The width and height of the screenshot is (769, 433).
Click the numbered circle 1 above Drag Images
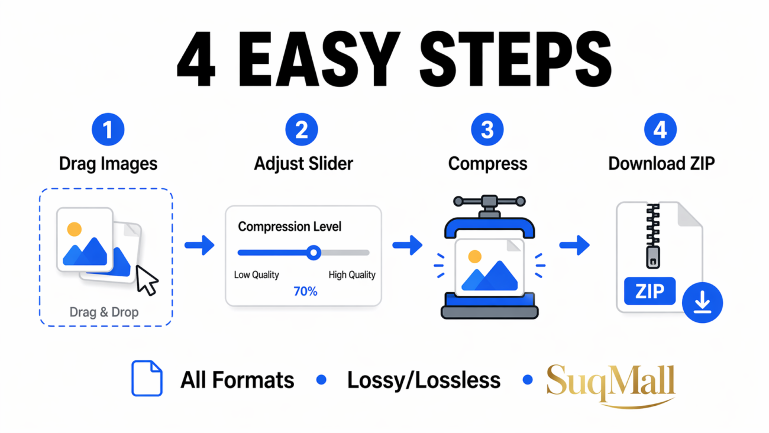pyautogui.click(x=108, y=130)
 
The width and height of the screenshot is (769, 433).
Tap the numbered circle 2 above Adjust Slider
pyautogui.click(x=302, y=130)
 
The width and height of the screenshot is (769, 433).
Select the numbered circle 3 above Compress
pyautogui.click(x=487, y=130)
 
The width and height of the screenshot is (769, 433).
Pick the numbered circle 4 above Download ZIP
pyautogui.click(x=660, y=130)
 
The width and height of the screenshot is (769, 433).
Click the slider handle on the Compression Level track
pyautogui.click(x=314, y=253)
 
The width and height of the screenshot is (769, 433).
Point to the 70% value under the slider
pyautogui.click(x=305, y=291)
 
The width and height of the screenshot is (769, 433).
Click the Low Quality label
pyautogui.click(x=257, y=274)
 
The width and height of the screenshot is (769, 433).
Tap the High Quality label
pyautogui.click(x=352, y=274)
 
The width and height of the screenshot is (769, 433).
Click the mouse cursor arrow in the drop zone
pyautogui.click(x=147, y=280)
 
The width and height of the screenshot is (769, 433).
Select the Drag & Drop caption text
pyautogui.click(x=104, y=312)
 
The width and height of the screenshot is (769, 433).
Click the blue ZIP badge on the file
pyautogui.click(x=650, y=291)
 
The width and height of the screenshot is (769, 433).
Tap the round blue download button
pyautogui.click(x=702, y=302)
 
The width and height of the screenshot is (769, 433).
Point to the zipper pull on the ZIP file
pyautogui.click(x=652, y=257)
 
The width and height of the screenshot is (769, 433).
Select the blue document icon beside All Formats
pyautogui.click(x=147, y=379)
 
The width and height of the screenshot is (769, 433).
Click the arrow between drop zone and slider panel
pyautogui.click(x=199, y=245)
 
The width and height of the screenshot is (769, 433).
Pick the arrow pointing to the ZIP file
pyautogui.click(x=574, y=244)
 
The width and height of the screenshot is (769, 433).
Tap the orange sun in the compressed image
pyautogui.click(x=474, y=257)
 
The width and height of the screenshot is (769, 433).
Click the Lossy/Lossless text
pyautogui.click(x=424, y=380)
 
